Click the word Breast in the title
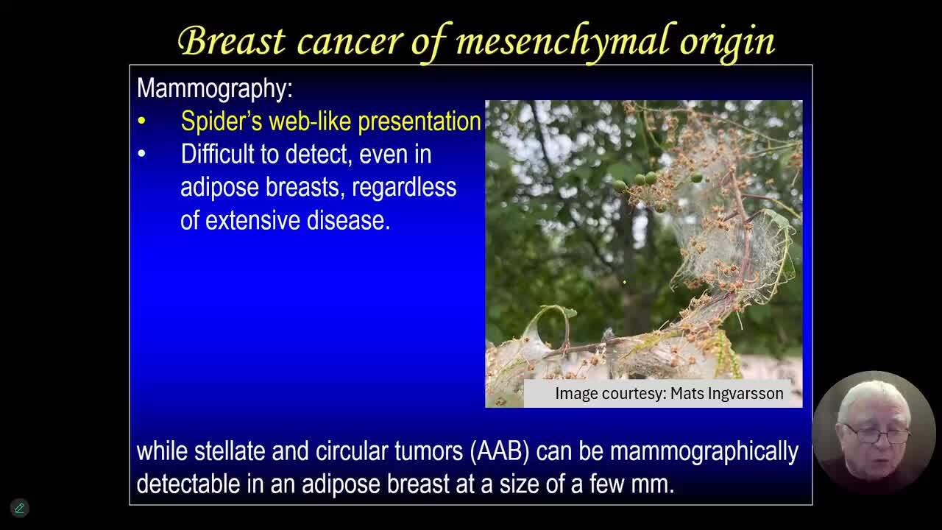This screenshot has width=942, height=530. coord(232,40)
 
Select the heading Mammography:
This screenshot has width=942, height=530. coord(214,89)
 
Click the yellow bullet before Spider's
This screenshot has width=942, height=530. coord(142,121)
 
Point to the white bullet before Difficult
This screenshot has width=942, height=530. coord(142,154)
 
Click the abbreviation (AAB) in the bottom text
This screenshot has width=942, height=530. coord(500,452)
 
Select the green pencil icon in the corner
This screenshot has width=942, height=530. coord(19,508)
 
